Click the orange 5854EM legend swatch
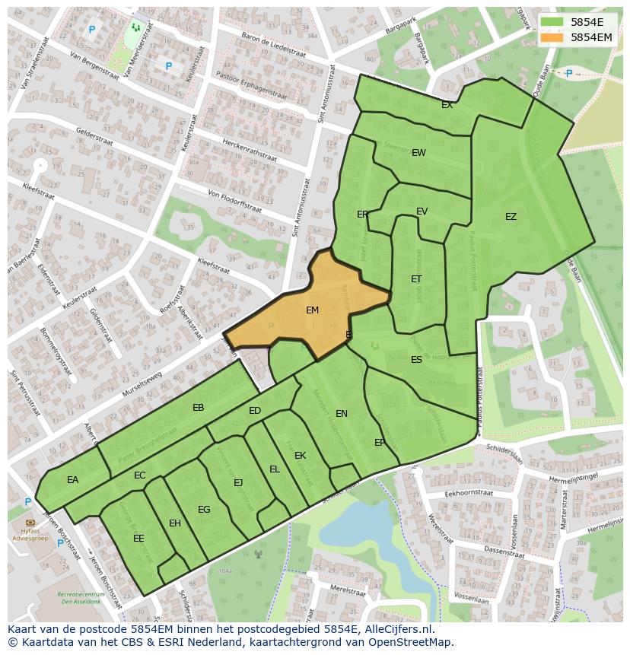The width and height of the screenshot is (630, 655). tap(552, 37)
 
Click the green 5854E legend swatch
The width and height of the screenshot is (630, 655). tap(552, 22)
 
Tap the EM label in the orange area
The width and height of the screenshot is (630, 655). tap(312, 310)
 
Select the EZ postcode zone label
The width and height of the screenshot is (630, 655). tap(511, 217)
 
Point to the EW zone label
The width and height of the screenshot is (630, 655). tap(418, 153)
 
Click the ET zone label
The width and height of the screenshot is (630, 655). tap(416, 279)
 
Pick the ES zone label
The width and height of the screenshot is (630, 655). tap(416, 360)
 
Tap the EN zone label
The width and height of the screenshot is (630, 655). tap(342, 414)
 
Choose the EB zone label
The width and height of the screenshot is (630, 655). tap(199, 408)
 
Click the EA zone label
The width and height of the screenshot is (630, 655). tap(72, 480)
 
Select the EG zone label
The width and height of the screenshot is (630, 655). tap(204, 510)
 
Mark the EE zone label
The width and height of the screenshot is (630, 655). tap(138, 539)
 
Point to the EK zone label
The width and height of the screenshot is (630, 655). tap(300, 456)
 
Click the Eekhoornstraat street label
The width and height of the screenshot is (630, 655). tap(469, 494)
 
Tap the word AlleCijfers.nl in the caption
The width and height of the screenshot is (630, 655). tap(397, 630)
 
